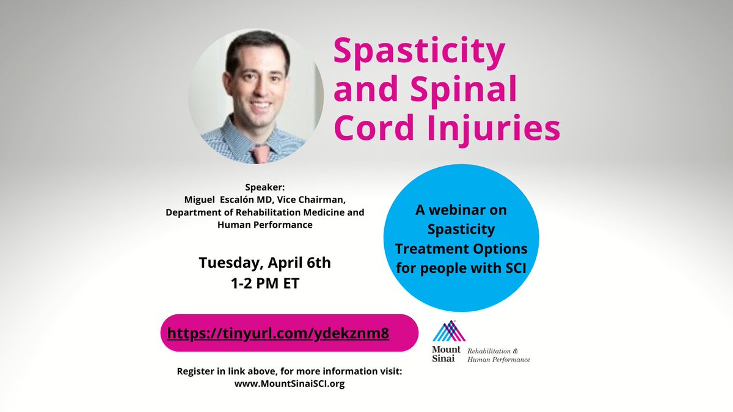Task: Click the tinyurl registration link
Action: [279, 333]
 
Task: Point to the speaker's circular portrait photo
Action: [256, 96]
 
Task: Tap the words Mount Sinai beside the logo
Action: [446, 355]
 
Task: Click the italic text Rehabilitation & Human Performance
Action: [498, 355]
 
